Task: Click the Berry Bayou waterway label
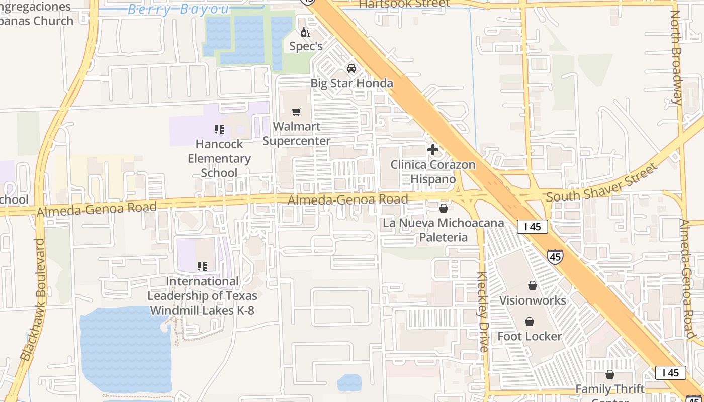(x=179, y=9)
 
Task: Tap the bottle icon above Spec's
(x=305, y=32)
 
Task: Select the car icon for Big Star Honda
(x=351, y=68)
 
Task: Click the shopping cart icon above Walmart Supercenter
(x=297, y=112)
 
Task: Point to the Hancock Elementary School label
(x=219, y=158)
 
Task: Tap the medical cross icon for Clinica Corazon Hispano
(x=432, y=150)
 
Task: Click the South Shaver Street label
(x=601, y=182)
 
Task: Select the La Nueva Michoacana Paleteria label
(x=443, y=230)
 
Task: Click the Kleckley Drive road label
(x=482, y=312)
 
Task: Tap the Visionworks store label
(x=533, y=300)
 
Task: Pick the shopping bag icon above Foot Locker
(x=530, y=322)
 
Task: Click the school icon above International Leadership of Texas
(x=202, y=266)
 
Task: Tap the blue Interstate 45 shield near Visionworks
(x=555, y=256)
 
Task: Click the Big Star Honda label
(x=351, y=83)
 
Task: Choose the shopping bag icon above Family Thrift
(x=610, y=374)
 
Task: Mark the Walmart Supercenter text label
(x=297, y=134)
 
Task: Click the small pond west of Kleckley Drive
(x=349, y=383)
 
